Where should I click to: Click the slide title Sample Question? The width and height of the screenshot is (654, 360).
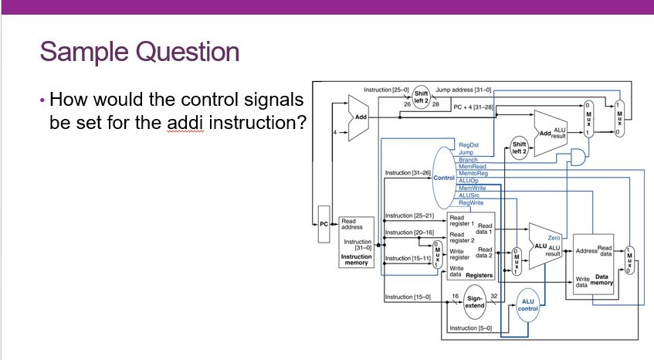click(139, 52)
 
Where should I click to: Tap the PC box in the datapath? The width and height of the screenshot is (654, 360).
click(325, 223)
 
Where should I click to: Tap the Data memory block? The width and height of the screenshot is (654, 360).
click(595, 263)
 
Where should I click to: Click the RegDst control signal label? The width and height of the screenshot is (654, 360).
click(469, 144)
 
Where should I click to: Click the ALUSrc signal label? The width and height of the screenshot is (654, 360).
click(469, 195)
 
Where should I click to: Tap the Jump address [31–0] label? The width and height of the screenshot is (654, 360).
click(463, 90)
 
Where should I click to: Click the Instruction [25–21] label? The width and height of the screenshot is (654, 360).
click(409, 216)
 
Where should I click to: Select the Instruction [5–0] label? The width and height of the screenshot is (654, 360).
click(469, 328)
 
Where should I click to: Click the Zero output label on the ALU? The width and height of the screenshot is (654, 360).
click(554, 238)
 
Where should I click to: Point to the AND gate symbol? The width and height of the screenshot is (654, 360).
click(576, 158)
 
